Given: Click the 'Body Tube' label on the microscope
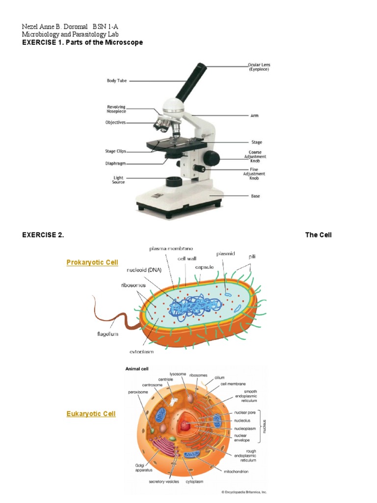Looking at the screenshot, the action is click(x=117, y=81).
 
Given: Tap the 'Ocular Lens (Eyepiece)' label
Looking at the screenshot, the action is click(x=258, y=67).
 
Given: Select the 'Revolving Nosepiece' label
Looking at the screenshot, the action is click(x=116, y=109).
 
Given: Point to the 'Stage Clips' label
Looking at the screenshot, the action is click(x=116, y=151).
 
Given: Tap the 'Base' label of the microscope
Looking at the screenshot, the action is click(x=255, y=196).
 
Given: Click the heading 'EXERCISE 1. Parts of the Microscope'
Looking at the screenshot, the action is click(x=82, y=43).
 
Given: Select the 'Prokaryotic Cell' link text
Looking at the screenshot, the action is click(x=92, y=263).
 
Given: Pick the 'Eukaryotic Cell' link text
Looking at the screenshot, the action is click(x=91, y=414).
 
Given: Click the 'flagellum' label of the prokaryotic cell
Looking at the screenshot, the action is click(x=108, y=334).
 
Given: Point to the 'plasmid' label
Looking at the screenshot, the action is click(x=226, y=254).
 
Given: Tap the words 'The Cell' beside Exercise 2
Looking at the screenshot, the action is click(x=318, y=235).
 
